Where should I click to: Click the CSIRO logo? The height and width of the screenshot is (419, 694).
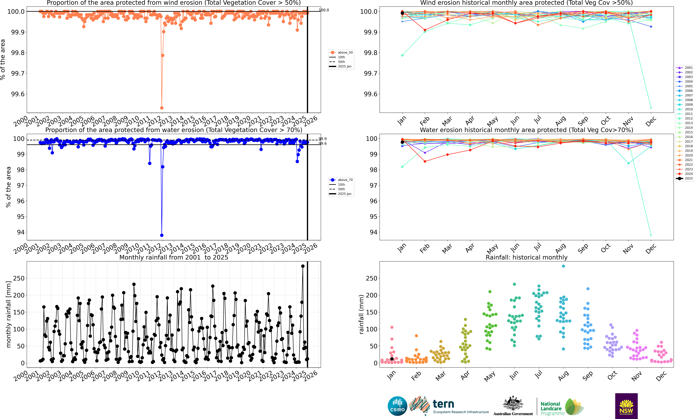coord(397,406)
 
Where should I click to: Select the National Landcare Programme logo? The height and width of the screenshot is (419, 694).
coord(561,407)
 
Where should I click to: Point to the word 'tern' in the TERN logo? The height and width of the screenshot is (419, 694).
coord(443,404)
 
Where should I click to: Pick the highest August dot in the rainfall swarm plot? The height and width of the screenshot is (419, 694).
coord(563,266)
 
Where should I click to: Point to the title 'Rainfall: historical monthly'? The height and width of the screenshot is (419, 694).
coord(526,257)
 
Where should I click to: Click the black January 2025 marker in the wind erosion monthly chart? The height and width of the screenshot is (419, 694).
coord(402,13)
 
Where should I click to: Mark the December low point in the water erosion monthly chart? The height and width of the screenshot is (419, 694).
coord(651,235)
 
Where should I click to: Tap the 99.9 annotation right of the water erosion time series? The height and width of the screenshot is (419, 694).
coord(323,139)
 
